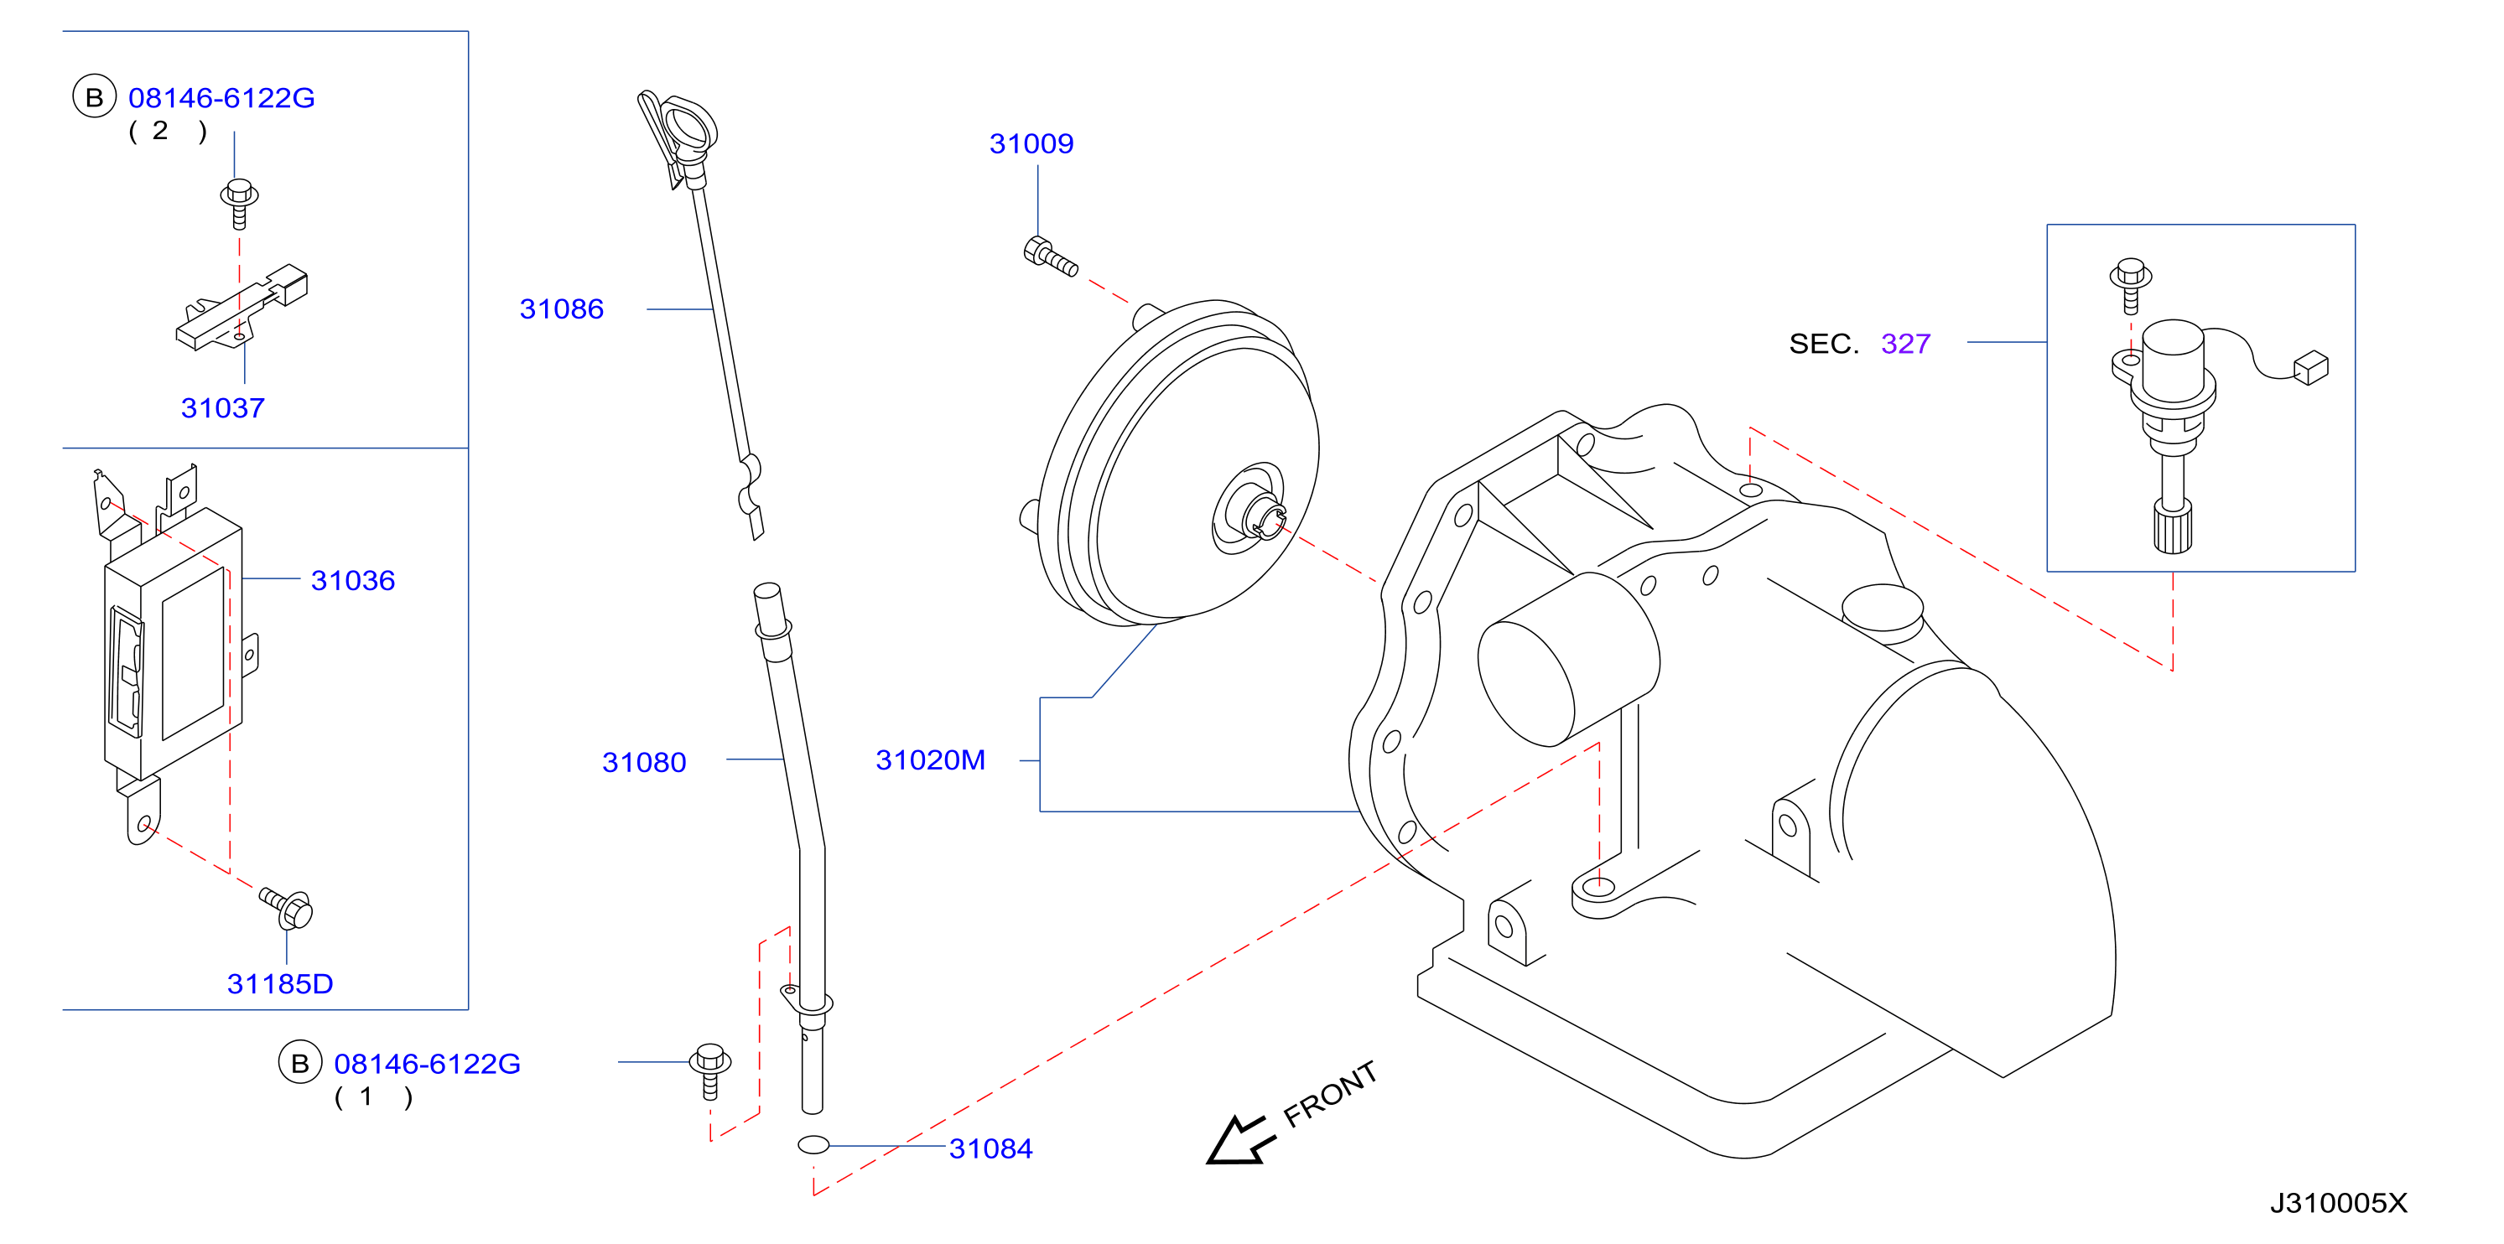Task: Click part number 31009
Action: tap(1031, 144)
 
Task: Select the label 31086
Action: tap(562, 309)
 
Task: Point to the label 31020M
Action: tap(930, 760)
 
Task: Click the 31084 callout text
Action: tap(990, 1148)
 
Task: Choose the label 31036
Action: tap(353, 581)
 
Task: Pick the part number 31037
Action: tap(222, 408)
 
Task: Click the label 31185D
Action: tap(280, 984)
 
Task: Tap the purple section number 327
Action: tap(1905, 344)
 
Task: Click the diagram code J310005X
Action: tap(2339, 1204)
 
